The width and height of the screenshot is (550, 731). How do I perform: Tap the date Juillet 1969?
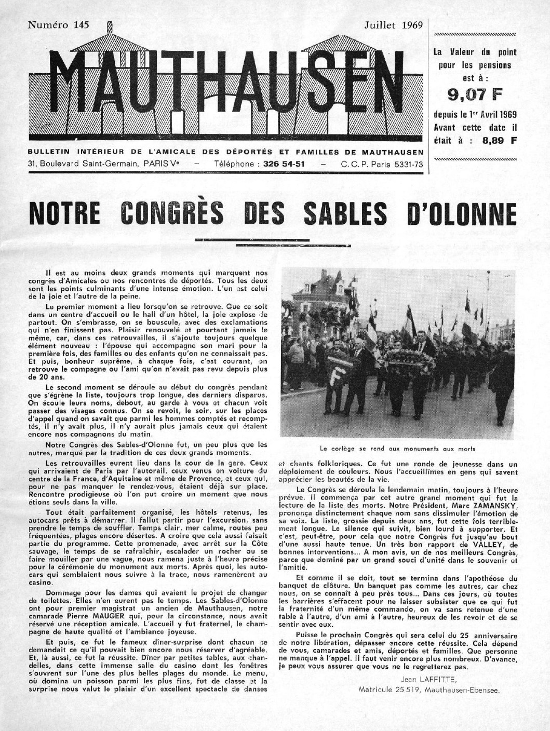point(392,24)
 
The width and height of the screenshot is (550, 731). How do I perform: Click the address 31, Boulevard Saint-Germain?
point(83,164)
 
